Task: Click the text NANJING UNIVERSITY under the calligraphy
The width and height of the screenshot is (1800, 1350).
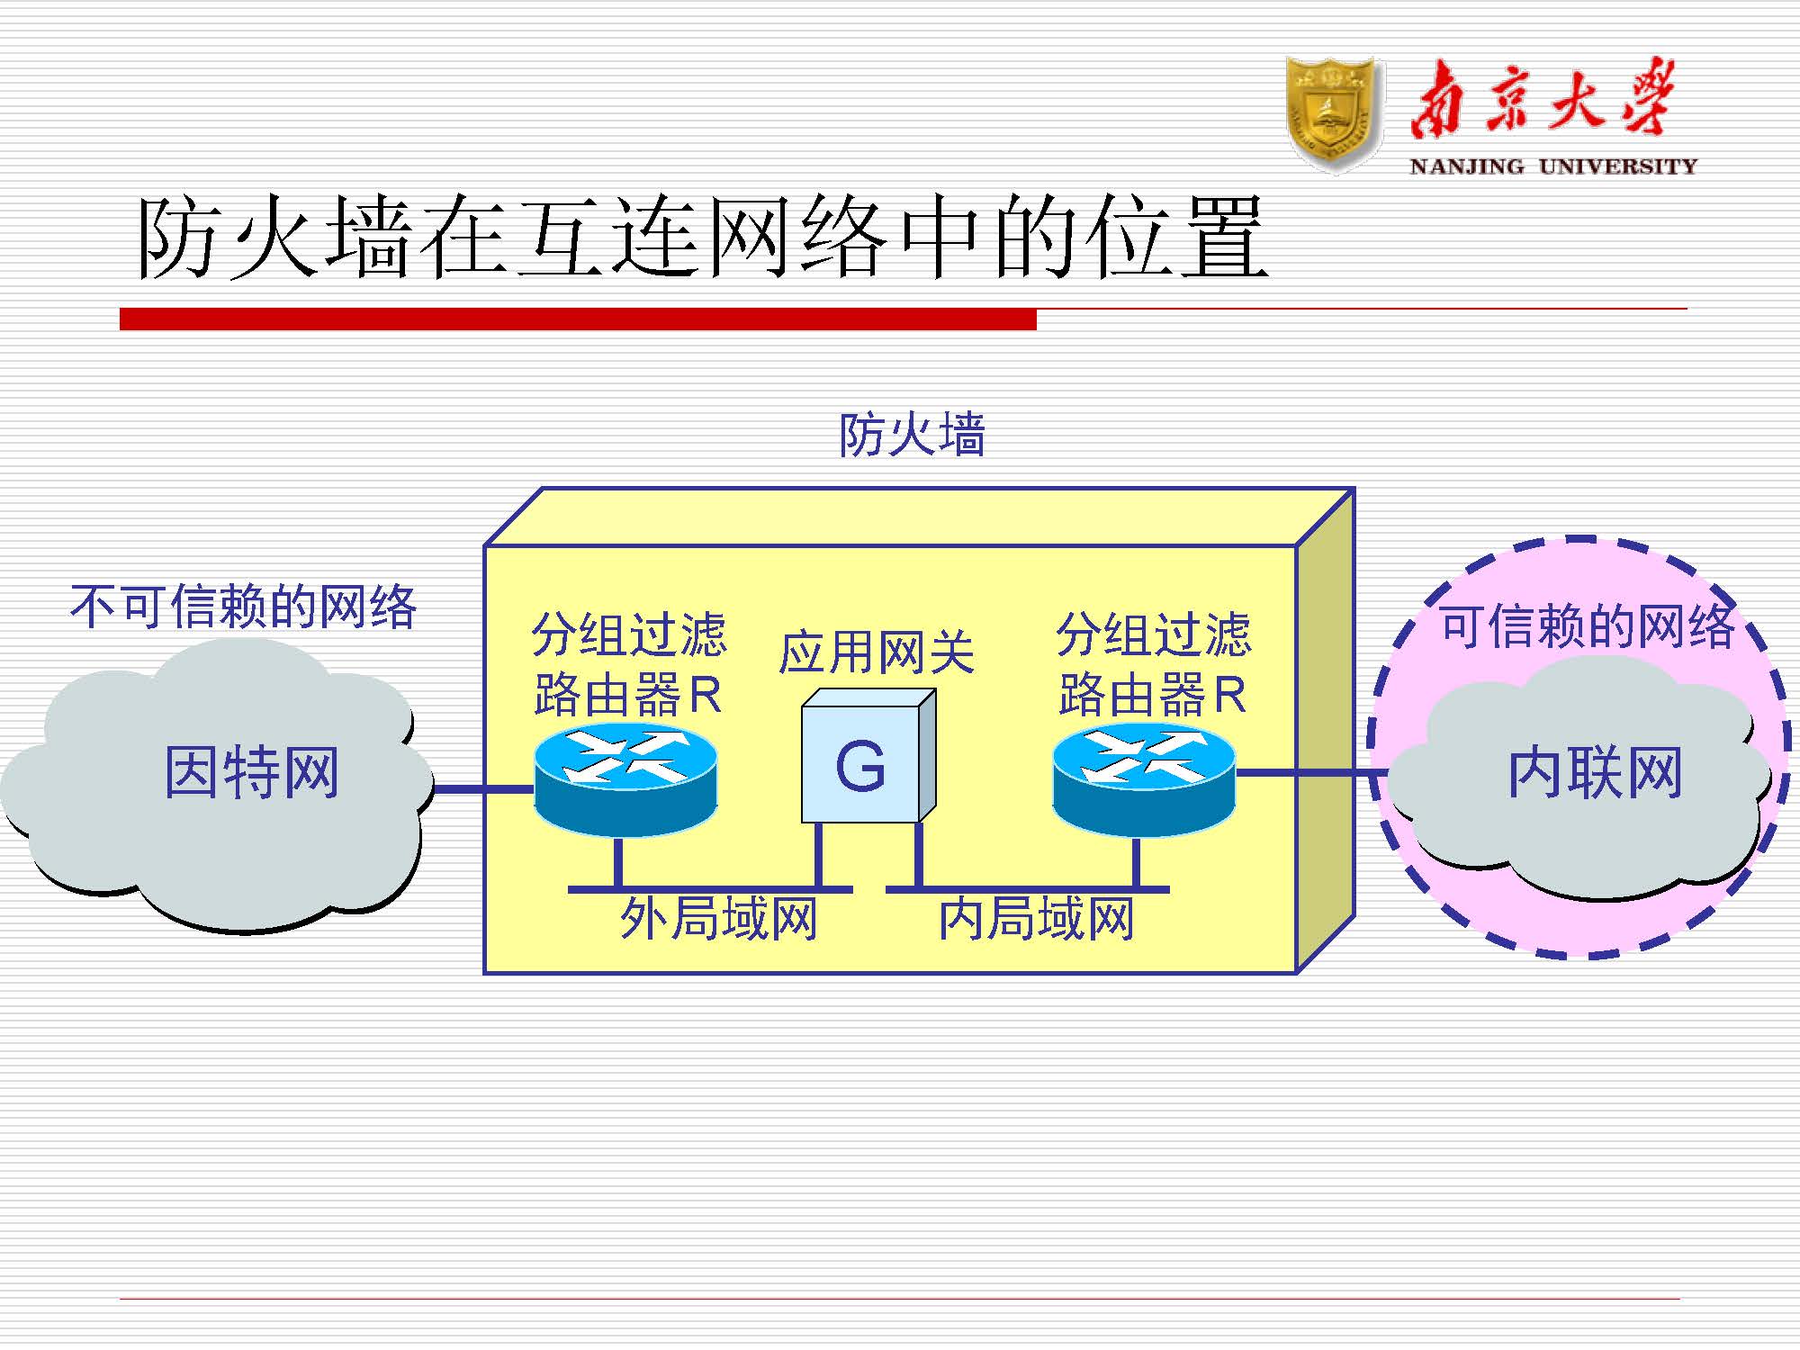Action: pyautogui.click(x=1552, y=166)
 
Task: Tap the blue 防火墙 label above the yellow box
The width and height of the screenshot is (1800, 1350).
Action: pyautogui.click(x=912, y=436)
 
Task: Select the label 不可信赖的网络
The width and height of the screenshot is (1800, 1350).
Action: pyautogui.click(x=244, y=607)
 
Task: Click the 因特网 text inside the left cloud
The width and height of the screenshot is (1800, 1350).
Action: pyautogui.click(x=251, y=772)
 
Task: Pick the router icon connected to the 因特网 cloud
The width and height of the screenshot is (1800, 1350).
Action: pyautogui.click(x=625, y=780)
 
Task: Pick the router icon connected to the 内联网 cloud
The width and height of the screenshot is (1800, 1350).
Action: pyautogui.click(x=1144, y=780)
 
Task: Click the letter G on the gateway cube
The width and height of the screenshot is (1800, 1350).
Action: pyautogui.click(x=860, y=767)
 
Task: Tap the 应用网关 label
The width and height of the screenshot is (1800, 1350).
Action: pyautogui.click(x=877, y=652)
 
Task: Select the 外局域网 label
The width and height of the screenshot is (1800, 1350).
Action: pyautogui.click(x=718, y=920)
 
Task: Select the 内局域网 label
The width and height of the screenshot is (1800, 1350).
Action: pyautogui.click(x=1036, y=920)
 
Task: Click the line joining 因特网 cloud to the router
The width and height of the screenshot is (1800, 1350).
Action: pyautogui.click(x=484, y=789)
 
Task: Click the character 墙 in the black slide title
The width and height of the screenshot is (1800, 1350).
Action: pyautogui.click(x=370, y=238)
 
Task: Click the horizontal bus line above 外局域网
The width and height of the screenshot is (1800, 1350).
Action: pyautogui.click(x=710, y=889)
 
